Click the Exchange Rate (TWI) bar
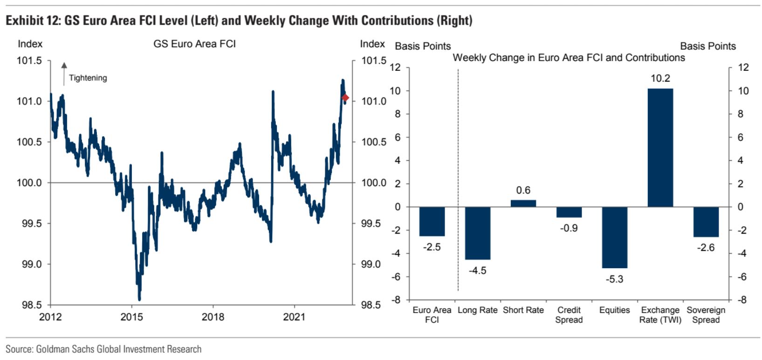(x=660, y=147)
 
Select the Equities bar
(x=614, y=237)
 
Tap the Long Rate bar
(x=478, y=233)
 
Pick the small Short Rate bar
(x=523, y=203)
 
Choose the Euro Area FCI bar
(x=432, y=222)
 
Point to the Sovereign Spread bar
(x=706, y=222)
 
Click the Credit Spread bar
(x=569, y=212)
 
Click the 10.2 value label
(x=660, y=78)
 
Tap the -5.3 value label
(x=614, y=279)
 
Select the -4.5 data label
(x=478, y=270)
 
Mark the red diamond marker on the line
(x=345, y=97)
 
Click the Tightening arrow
(x=64, y=73)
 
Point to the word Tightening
(x=88, y=78)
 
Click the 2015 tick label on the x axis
(x=131, y=317)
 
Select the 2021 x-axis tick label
(x=294, y=317)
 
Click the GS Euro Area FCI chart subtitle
(x=194, y=44)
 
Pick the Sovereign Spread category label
(x=706, y=315)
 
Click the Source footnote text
(x=103, y=349)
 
